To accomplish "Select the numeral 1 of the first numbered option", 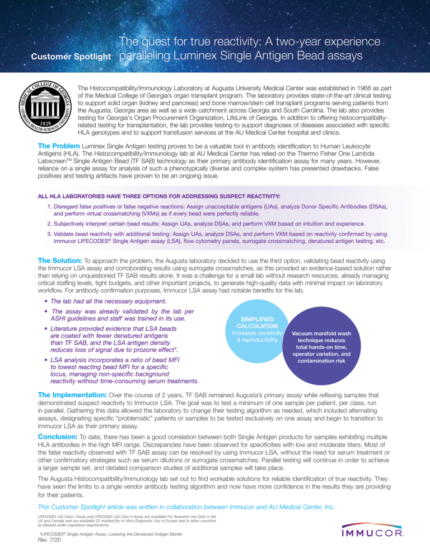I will pos(49,207).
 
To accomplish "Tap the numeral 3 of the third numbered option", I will pos(49,233).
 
